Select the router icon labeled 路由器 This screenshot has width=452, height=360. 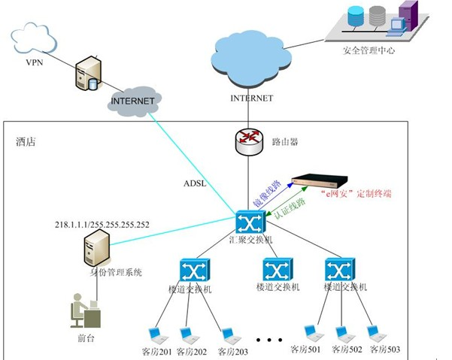(247, 140)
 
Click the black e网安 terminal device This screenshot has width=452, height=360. (320, 181)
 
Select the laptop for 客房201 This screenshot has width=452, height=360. (156, 334)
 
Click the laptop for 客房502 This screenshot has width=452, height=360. (342, 333)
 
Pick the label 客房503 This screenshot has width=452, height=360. (384, 349)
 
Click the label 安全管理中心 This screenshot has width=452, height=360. (369, 50)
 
